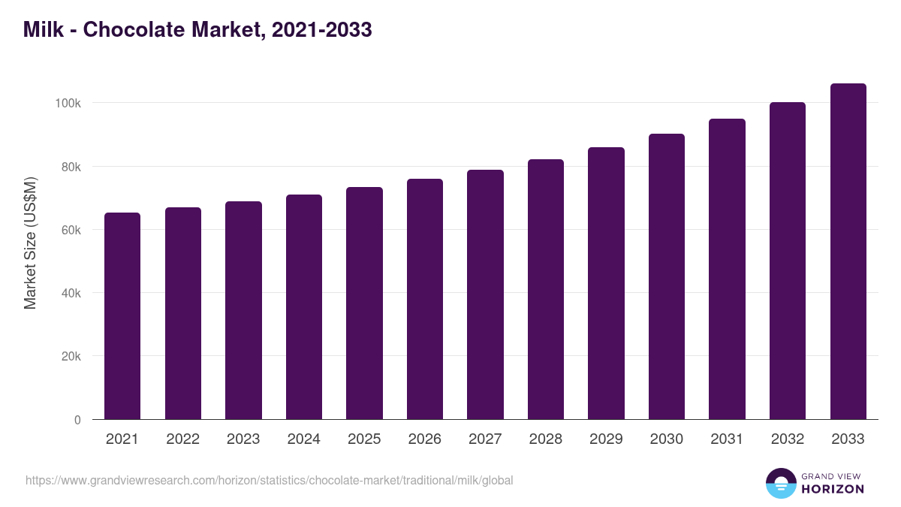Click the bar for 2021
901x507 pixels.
[x=122, y=315]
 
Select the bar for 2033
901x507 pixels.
[x=848, y=252]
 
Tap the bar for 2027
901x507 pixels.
[x=485, y=294]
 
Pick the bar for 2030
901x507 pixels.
[x=667, y=276]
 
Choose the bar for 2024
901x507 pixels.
[x=304, y=306]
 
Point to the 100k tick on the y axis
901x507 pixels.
[x=68, y=103]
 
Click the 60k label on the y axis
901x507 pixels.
[x=71, y=230]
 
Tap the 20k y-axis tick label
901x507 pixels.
[x=71, y=356]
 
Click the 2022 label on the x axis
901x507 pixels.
[x=182, y=439]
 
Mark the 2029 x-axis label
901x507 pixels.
[x=606, y=439]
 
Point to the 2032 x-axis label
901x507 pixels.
[x=787, y=439]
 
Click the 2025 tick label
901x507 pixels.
[x=364, y=439]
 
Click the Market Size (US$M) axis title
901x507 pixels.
[x=30, y=243]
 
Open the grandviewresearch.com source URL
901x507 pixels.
[x=269, y=480]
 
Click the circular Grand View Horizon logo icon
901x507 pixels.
[x=780, y=483]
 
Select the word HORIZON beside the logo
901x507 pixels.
[x=833, y=489]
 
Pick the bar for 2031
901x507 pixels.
[x=727, y=269]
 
